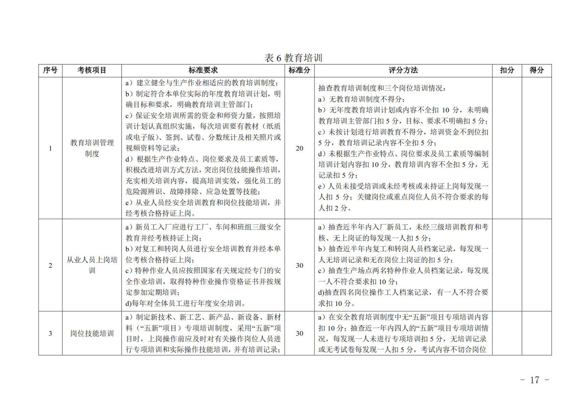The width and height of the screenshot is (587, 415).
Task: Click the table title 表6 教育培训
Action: [x=293, y=58]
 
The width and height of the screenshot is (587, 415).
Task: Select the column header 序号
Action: [x=50, y=70]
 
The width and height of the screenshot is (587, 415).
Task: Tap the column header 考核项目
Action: [x=92, y=70]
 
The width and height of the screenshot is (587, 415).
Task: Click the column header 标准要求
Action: [x=203, y=70]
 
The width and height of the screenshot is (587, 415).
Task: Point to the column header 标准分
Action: [x=299, y=70]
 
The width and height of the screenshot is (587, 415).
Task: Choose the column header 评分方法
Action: [x=403, y=70]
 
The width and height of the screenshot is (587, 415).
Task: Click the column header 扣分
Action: [x=507, y=70]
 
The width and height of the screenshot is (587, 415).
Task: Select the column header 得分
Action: [x=536, y=70]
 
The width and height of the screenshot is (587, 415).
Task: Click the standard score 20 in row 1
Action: [x=299, y=148]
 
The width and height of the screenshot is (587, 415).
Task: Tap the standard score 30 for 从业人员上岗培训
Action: [x=299, y=265]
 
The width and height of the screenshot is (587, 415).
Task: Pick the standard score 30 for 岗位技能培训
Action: [x=299, y=333]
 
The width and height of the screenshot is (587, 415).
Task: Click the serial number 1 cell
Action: [x=50, y=148]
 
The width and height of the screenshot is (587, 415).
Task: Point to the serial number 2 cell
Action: [x=50, y=265]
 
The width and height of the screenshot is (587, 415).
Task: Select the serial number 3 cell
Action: [x=50, y=333]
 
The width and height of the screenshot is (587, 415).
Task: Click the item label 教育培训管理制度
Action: [x=92, y=148]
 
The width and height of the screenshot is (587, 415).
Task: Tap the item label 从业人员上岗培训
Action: [x=92, y=265]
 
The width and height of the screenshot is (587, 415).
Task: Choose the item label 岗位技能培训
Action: [x=92, y=333]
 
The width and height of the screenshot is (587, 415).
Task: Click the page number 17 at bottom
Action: [x=535, y=380]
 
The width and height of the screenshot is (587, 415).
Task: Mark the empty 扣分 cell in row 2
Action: [x=507, y=265]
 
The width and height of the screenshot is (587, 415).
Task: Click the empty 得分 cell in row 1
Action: [x=536, y=148]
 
